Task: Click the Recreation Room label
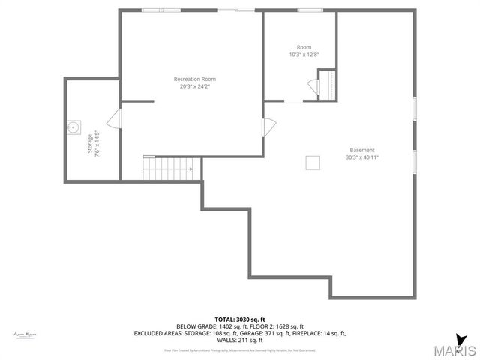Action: tap(194, 79)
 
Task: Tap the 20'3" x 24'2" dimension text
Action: tap(194, 86)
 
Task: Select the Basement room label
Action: tap(361, 150)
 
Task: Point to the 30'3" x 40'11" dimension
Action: tap(361, 157)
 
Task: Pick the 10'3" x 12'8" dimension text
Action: tap(304, 55)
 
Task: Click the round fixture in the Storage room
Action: tap(73, 127)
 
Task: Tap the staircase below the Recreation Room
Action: tap(169, 169)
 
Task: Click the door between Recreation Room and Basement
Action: tap(268, 128)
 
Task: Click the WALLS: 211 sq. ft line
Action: tap(240, 340)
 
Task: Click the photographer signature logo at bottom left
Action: tap(25, 333)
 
